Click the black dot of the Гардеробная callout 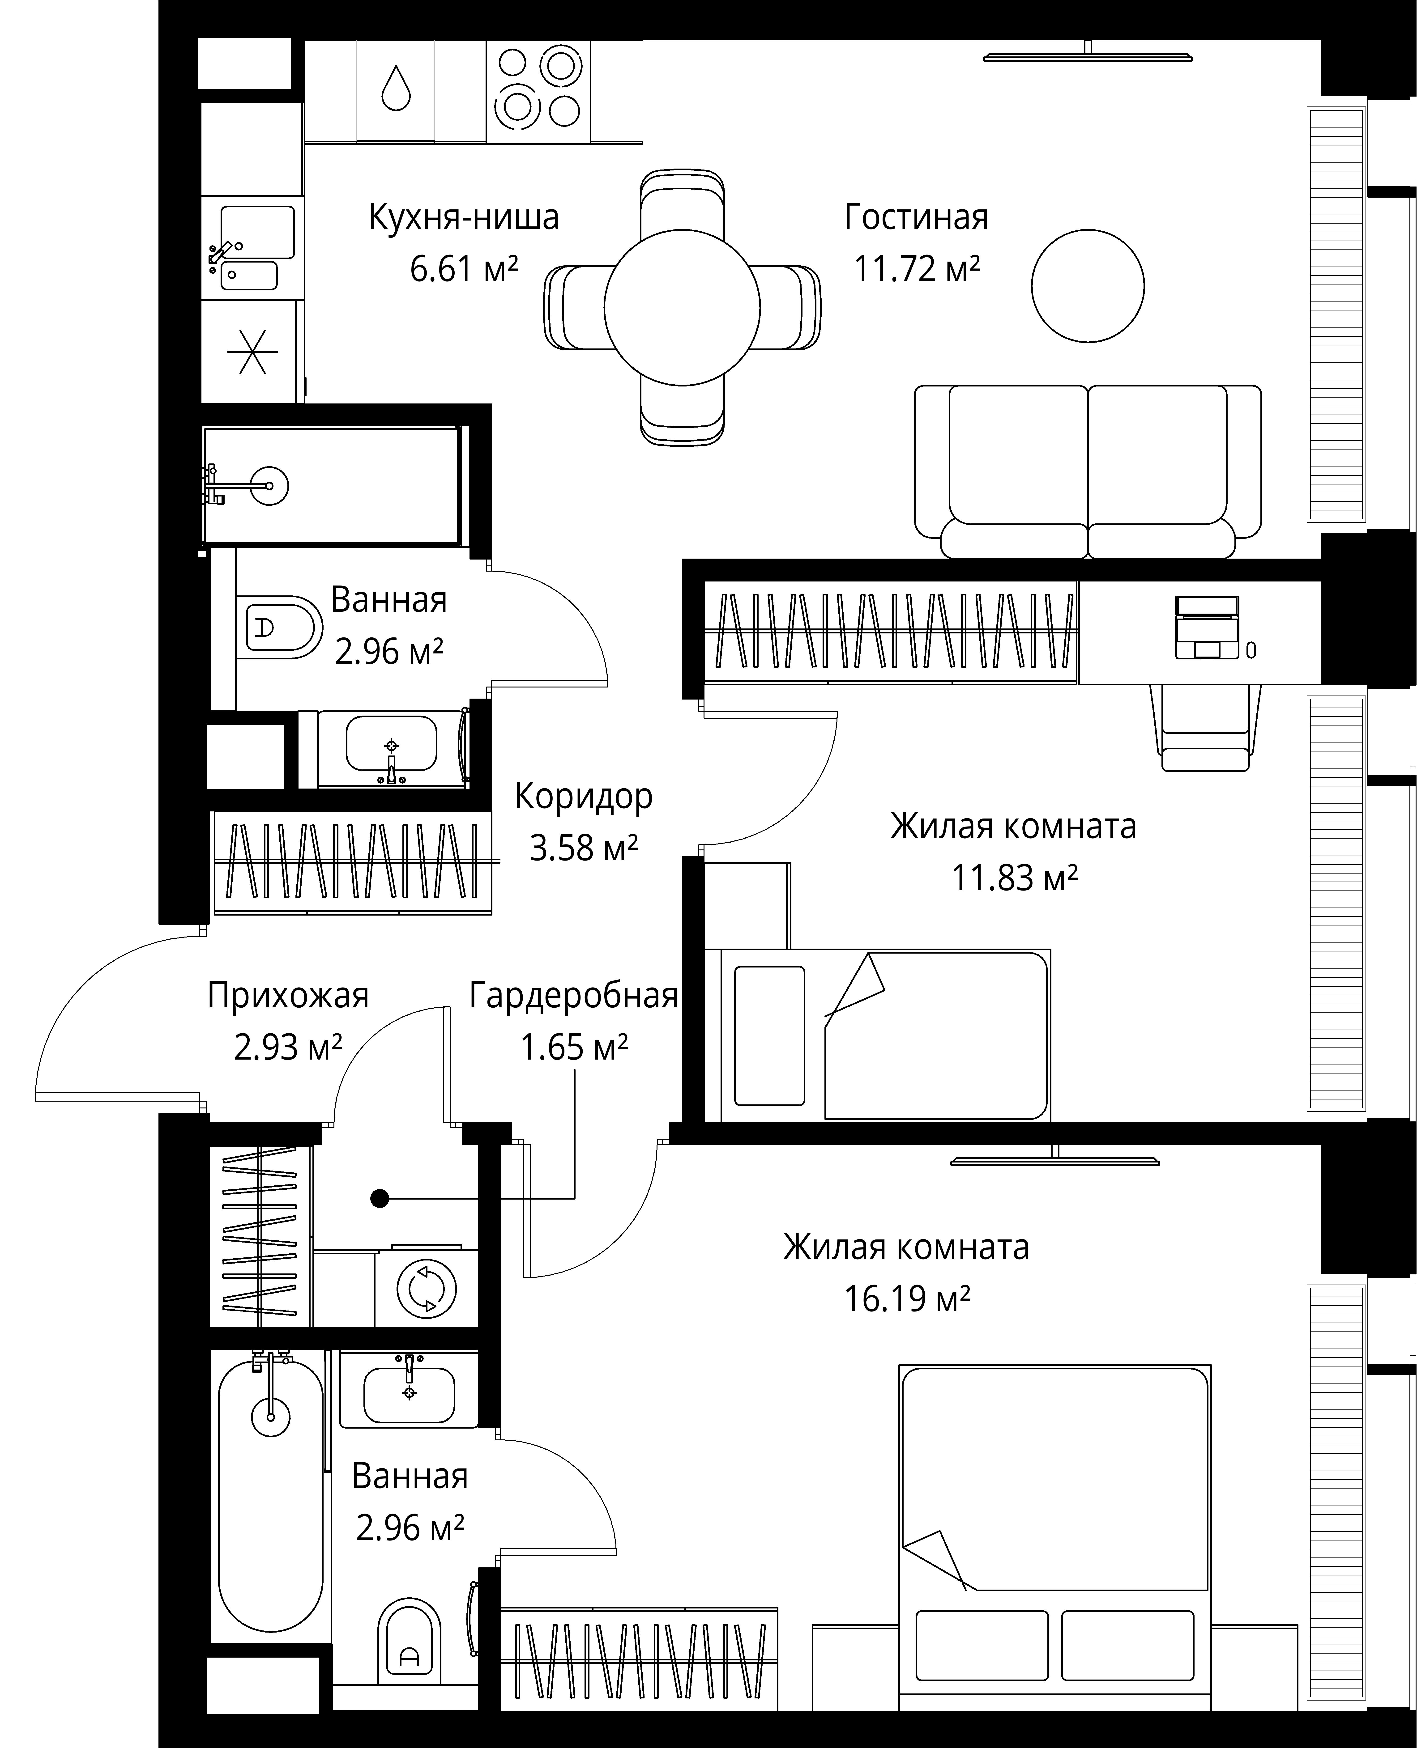(x=379, y=1198)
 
